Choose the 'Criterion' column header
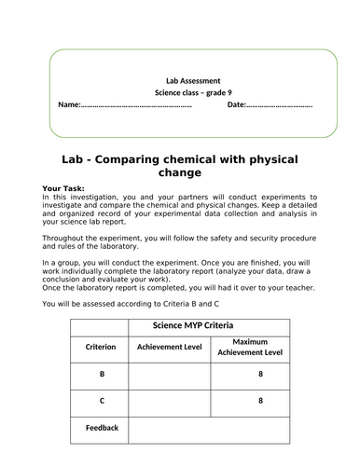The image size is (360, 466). pyautogui.click(x=98, y=347)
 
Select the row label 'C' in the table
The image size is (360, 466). pyautogui.click(x=98, y=400)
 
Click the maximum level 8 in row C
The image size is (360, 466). pyautogui.click(x=260, y=400)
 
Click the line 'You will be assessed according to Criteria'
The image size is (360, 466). pyautogui.click(x=131, y=300)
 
